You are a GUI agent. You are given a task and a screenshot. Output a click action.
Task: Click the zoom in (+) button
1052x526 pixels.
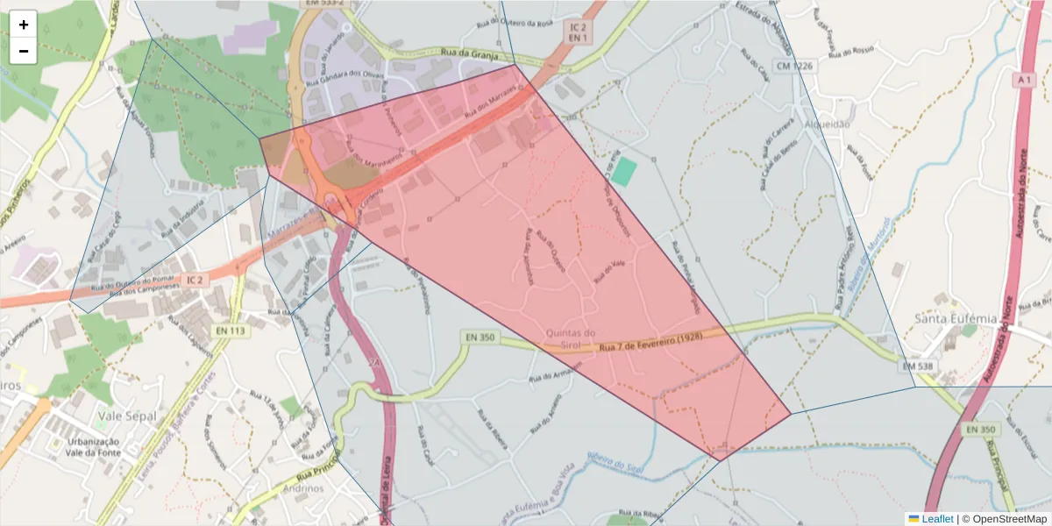24,25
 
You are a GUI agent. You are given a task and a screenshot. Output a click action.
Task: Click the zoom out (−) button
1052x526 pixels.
24,51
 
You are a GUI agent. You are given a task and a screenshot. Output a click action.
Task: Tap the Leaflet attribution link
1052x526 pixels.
936,519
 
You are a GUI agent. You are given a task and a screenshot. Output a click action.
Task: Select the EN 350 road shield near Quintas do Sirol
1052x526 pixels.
480,338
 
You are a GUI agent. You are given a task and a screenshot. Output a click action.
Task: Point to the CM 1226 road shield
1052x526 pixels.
793,67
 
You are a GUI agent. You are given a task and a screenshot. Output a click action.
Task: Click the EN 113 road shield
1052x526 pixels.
229,331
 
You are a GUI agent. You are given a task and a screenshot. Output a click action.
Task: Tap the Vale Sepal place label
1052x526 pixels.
128,416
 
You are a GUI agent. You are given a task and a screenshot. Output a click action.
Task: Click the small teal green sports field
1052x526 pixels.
623,171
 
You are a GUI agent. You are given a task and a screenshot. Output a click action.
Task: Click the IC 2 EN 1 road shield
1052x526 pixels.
577,32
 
